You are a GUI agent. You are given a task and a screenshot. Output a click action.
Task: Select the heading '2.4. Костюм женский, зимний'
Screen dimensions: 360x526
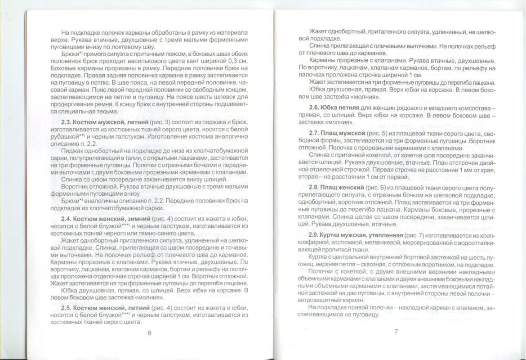106,219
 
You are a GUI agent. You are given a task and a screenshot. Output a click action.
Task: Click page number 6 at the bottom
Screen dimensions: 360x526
149,333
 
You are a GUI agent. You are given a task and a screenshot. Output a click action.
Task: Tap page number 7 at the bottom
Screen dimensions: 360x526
396,332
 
